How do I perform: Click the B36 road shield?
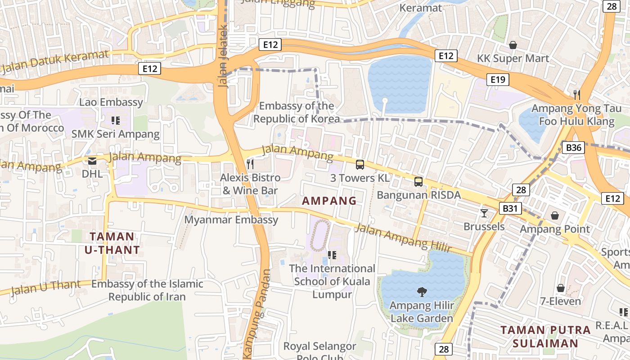tap(573, 148)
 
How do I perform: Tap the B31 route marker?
tap(509, 208)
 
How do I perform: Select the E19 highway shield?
tap(497, 80)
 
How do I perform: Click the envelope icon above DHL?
tap(92, 161)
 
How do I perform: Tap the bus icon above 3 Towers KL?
tap(360, 165)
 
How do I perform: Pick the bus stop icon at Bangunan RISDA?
tap(418, 182)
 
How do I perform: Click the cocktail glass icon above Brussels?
tap(484, 213)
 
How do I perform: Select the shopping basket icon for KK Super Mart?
tap(513, 45)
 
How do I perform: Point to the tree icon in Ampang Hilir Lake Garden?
tap(422, 292)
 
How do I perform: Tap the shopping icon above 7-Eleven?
tap(561, 288)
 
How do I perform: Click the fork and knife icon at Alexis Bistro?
tap(251, 164)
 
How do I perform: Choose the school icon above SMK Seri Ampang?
tap(115, 121)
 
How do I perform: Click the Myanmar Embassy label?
tap(232, 220)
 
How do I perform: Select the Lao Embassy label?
tap(111, 102)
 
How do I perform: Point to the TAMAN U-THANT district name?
tap(112, 243)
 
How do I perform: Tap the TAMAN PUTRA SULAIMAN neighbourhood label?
tap(545, 337)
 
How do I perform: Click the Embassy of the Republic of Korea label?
tap(297, 112)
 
